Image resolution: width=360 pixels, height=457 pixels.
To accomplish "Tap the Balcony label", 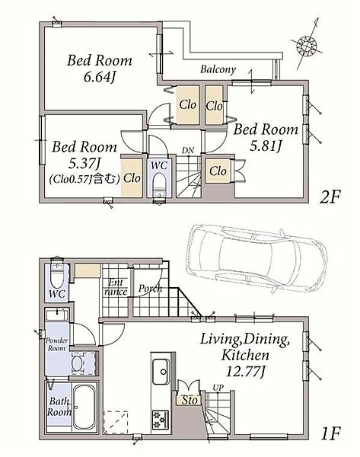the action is click(x=218, y=69).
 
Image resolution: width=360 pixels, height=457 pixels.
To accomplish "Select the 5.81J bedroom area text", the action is click(x=266, y=146).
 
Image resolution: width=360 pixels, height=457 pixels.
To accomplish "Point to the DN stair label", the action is click(x=188, y=151).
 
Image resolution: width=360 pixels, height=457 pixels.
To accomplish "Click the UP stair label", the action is click(x=218, y=388).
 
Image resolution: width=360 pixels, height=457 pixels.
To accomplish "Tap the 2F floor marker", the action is click(x=330, y=197).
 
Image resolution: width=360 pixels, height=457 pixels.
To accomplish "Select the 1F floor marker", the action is click(x=331, y=433).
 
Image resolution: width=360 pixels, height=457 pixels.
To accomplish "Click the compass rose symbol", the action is click(x=307, y=46).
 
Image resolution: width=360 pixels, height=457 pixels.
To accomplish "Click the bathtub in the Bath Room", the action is click(x=84, y=407).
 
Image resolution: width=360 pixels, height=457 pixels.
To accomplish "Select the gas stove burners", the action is click(x=161, y=420).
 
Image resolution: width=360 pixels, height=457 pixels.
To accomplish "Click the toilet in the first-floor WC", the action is click(x=57, y=276).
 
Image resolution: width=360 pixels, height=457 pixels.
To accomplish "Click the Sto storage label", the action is click(x=190, y=401).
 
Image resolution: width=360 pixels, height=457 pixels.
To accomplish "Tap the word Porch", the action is click(x=150, y=289).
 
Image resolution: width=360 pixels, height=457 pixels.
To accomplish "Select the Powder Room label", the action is click(x=57, y=344).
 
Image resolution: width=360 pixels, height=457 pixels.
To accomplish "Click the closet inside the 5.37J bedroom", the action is click(x=132, y=177).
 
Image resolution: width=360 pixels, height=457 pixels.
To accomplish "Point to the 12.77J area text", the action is click(x=245, y=372).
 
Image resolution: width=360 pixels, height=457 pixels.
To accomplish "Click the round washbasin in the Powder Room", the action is click(x=78, y=363).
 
